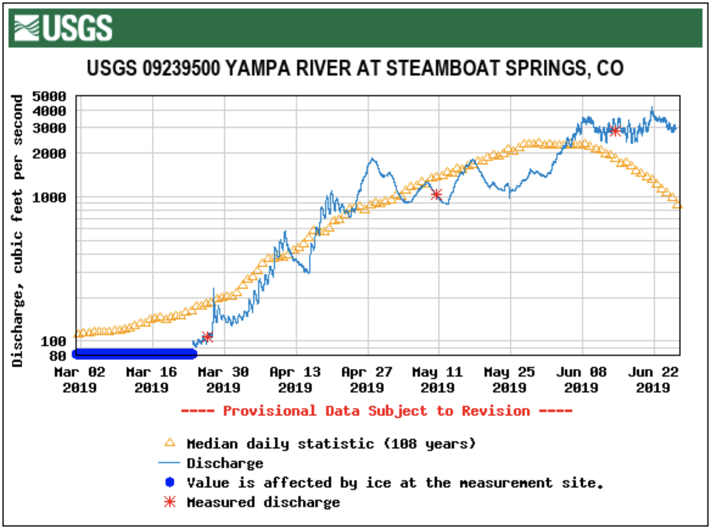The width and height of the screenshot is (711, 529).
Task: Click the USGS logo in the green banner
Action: [x=63, y=28]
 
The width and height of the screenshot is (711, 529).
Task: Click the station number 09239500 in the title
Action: [x=181, y=68]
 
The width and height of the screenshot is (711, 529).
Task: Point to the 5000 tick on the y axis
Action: [x=49, y=96]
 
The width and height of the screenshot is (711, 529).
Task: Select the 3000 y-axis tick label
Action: [x=49, y=128]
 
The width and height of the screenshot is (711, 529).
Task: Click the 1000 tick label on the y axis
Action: [x=49, y=197]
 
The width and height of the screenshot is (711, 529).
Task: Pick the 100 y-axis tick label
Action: [x=53, y=341]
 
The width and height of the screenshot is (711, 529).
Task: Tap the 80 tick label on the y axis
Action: [x=58, y=356]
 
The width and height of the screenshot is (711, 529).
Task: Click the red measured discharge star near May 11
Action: [x=436, y=194]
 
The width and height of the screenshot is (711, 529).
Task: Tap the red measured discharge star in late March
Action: [x=207, y=337]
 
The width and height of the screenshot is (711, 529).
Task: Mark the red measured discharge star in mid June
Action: [x=615, y=131]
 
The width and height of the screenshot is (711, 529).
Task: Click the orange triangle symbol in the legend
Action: [x=170, y=443]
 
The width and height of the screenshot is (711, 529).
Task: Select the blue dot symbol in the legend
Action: [x=170, y=482]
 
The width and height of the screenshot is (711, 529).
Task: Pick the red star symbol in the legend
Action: [x=170, y=502]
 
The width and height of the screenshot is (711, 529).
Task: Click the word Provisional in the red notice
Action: [x=270, y=411]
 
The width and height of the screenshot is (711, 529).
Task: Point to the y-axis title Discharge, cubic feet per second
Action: [x=17, y=231]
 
